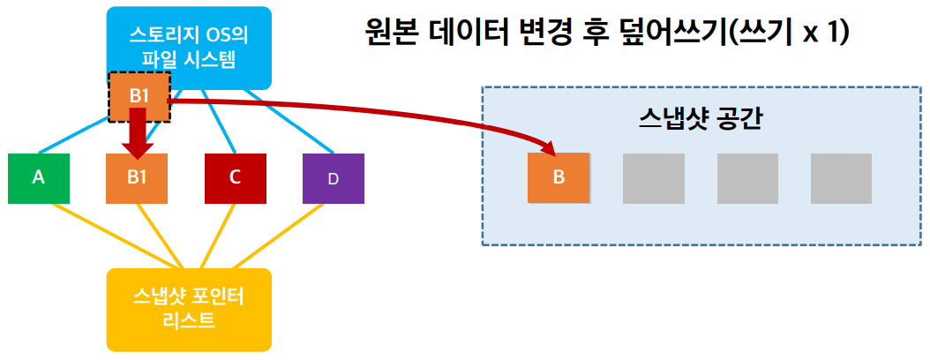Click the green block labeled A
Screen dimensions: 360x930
click(39, 178)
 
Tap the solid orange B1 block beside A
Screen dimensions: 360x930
click(136, 178)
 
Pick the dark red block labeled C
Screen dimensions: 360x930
click(235, 178)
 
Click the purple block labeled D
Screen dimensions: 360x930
click(333, 178)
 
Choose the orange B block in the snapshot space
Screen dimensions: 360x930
click(558, 177)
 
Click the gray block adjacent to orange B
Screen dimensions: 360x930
click(654, 177)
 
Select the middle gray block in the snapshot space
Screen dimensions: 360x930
click(747, 177)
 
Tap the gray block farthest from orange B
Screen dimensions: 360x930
click(841, 177)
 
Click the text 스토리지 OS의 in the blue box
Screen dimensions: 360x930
click(188, 38)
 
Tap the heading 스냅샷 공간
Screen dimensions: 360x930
click(700, 119)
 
